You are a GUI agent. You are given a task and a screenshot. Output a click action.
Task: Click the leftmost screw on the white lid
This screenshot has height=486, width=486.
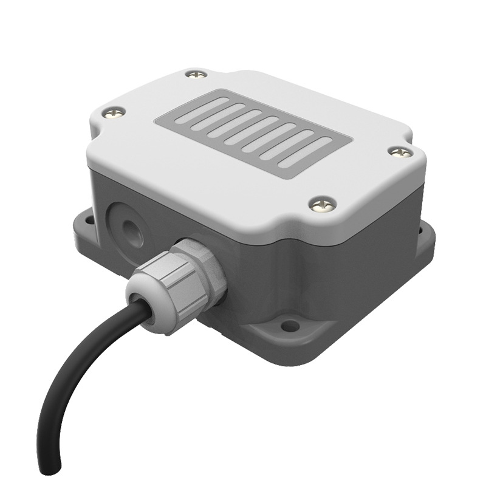click(114, 112)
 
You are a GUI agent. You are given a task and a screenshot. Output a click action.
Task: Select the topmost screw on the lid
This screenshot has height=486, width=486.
click(195, 74)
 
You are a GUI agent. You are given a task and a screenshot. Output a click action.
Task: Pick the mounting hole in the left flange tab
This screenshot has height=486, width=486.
click(86, 219)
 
